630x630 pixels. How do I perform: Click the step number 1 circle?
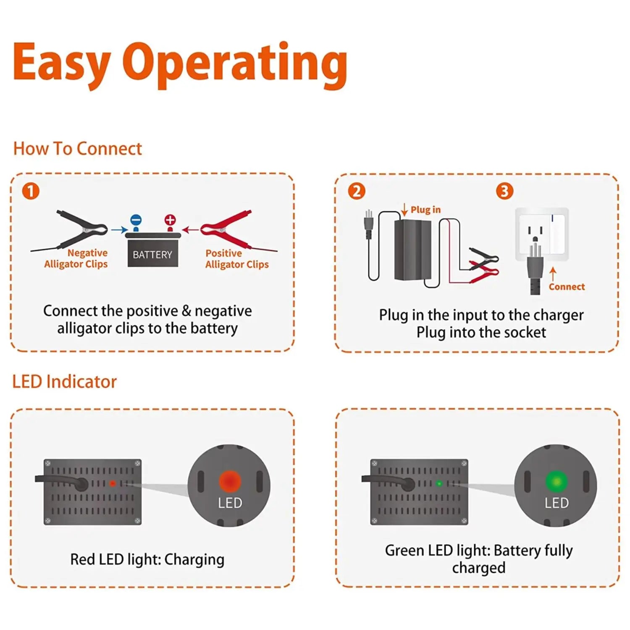[31, 191]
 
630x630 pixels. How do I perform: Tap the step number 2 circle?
[357, 191]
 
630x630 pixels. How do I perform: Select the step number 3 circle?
[504, 191]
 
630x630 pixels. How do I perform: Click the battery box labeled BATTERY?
[152, 252]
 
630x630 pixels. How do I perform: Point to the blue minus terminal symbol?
[136, 220]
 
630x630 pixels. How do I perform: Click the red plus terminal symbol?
[170, 220]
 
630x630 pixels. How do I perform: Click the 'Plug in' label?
[425, 210]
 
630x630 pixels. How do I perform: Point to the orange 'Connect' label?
[566, 287]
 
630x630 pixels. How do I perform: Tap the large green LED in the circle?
[556, 481]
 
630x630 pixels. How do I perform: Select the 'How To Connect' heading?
[78, 149]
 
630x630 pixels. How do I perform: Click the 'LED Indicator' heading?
[64, 382]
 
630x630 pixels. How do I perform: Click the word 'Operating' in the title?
[235, 64]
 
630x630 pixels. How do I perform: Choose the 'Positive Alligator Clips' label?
[236, 259]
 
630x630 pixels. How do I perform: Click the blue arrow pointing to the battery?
[119, 230]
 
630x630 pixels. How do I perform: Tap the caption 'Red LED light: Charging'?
[147, 559]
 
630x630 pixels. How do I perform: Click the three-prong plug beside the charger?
[369, 224]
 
